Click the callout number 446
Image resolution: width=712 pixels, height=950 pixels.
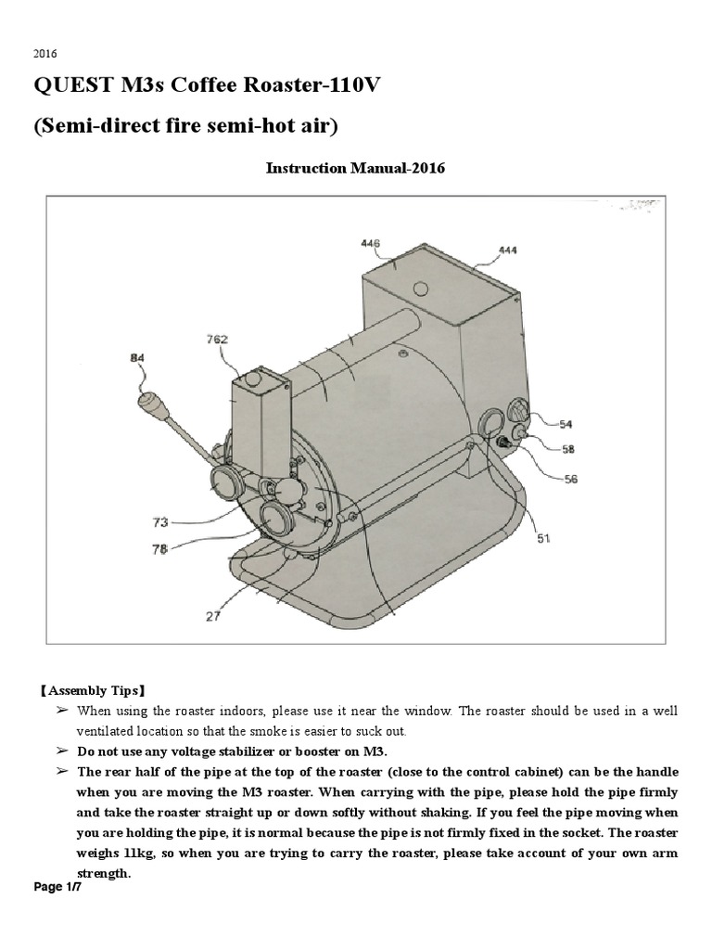pyautogui.click(x=372, y=243)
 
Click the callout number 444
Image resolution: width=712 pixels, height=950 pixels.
pyautogui.click(x=507, y=250)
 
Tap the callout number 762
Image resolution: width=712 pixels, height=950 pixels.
pyautogui.click(x=217, y=339)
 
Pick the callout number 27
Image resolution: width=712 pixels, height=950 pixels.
pyautogui.click(x=213, y=615)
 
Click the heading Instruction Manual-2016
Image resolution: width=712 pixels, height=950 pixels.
pyautogui.click(x=356, y=168)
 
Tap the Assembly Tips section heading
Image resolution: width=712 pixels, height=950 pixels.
pyautogui.click(x=91, y=691)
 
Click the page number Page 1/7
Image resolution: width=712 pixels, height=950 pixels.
pyautogui.click(x=58, y=888)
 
